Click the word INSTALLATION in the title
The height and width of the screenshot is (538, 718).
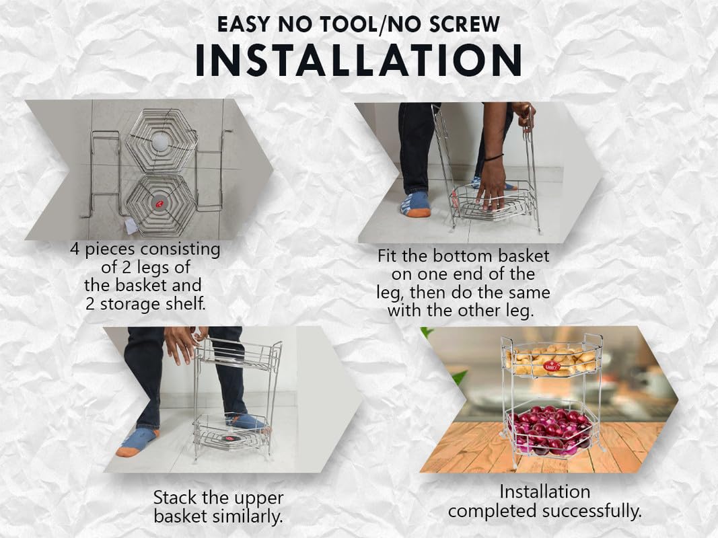pyautogui.click(x=359, y=61)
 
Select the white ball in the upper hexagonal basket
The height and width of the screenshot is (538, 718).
pyautogui.click(x=161, y=141)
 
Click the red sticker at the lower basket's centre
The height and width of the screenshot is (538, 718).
pyautogui.click(x=159, y=203)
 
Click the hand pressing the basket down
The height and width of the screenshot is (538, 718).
pyautogui.click(x=491, y=188)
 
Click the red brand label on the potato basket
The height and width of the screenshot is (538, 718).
pyautogui.click(x=551, y=366)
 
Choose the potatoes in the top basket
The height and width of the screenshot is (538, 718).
pyautogui.click(x=552, y=360)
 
